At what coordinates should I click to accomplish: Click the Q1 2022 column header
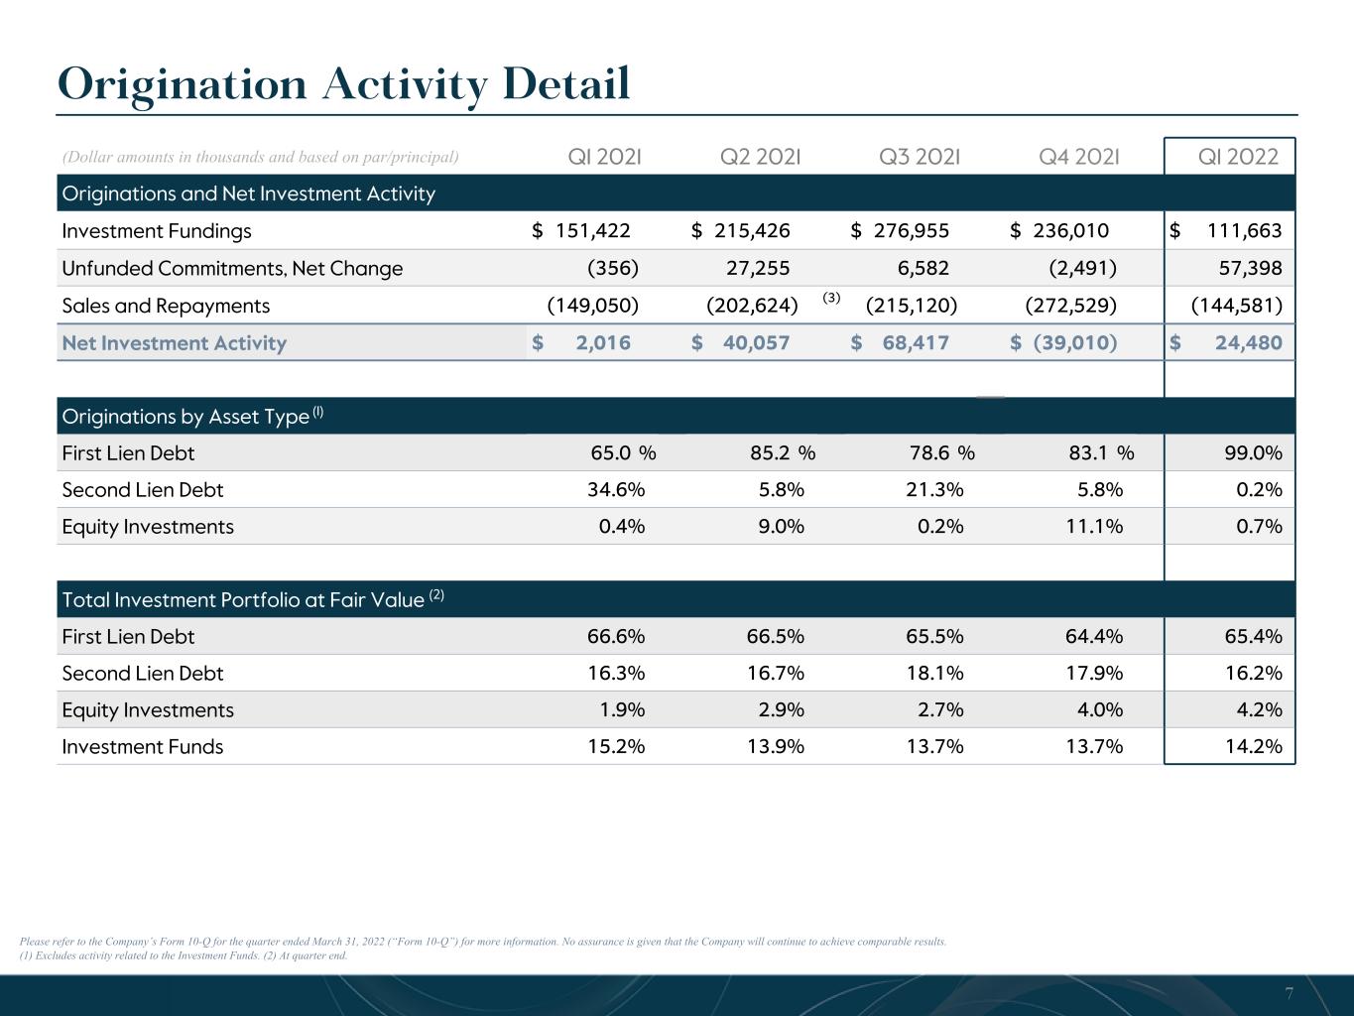(x=1237, y=157)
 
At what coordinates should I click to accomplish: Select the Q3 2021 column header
(x=920, y=157)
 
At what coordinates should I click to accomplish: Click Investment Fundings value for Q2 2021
(x=740, y=231)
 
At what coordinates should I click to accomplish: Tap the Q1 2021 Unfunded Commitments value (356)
(x=613, y=268)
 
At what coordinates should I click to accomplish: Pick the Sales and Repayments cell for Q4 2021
(x=1071, y=306)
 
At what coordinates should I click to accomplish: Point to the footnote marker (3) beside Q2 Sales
(x=831, y=298)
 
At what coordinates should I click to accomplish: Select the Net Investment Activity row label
(x=175, y=343)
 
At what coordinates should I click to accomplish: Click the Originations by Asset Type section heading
(x=192, y=417)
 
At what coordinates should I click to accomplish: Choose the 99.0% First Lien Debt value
(x=1254, y=452)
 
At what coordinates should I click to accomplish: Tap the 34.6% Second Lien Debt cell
(x=616, y=489)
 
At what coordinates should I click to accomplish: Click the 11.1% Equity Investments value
(x=1094, y=526)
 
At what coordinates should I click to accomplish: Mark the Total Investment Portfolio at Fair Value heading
(x=253, y=599)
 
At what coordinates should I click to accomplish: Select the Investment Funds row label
(x=143, y=746)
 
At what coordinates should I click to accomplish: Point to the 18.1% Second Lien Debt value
(x=934, y=673)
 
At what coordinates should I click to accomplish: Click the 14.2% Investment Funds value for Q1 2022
(x=1254, y=746)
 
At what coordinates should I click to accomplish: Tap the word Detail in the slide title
(x=566, y=84)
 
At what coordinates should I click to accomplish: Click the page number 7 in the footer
(x=1289, y=993)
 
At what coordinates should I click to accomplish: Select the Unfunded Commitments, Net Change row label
(x=232, y=268)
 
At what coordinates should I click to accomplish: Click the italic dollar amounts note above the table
(x=260, y=157)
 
